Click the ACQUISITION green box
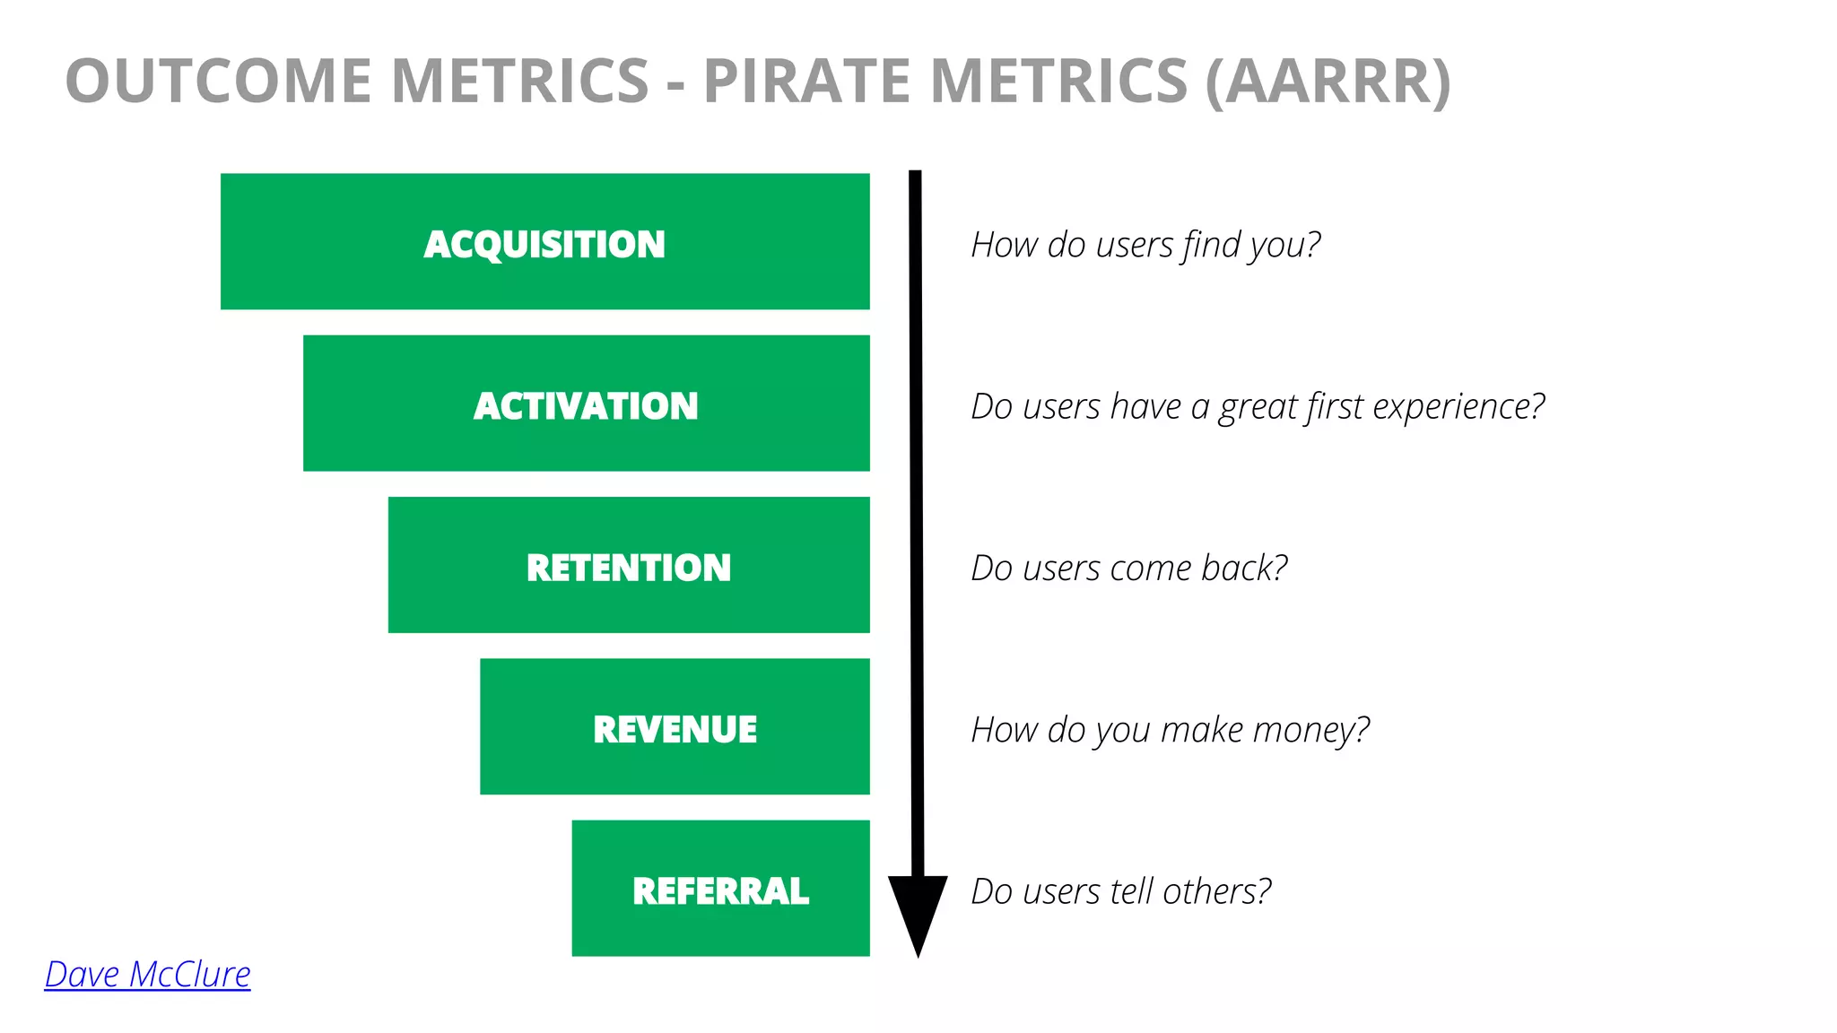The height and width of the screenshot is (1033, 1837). pos(544,242)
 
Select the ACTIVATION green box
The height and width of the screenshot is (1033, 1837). pos(586,404)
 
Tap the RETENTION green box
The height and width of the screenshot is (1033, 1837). pos(628,566)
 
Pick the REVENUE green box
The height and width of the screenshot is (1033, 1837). pos(675,727)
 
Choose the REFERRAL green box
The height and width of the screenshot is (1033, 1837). pos(720,889)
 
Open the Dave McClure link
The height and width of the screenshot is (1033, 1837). pos(148,975)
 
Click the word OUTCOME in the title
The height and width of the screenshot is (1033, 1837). pos(218,81)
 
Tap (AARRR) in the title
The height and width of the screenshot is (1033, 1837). pos(1328,81)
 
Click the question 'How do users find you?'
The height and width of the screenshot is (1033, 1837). pos(1145,245)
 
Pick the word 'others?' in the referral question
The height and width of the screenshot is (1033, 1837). pos(1217,891)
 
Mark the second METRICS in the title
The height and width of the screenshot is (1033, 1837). pos(1059,81)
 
